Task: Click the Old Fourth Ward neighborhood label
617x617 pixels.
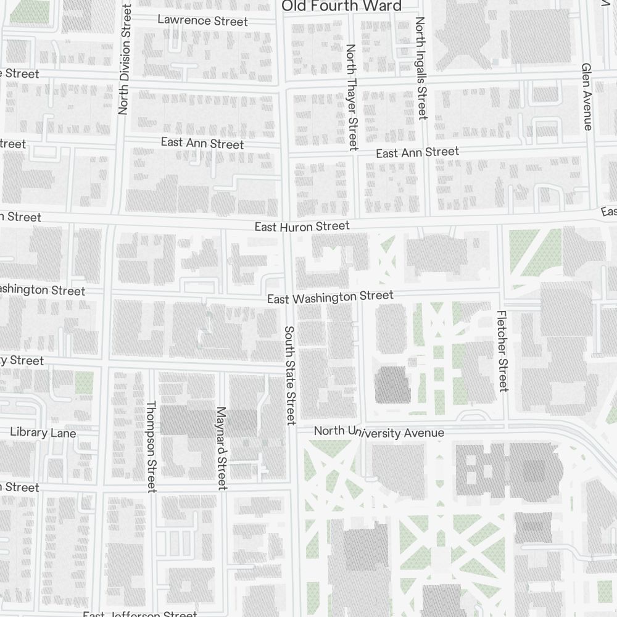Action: (341, 6)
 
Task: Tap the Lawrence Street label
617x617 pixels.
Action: (202, 21)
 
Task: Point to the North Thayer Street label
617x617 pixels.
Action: (352, 97)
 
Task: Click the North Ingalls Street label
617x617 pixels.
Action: (421, 68)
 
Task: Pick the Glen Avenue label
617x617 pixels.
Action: (587, 96)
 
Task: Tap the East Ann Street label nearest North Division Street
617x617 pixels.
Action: (202, 143)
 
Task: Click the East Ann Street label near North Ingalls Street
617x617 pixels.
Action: (417, 152)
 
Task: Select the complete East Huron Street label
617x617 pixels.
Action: (302, 227)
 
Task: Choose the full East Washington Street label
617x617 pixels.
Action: (330, 297)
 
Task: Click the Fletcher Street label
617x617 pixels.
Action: (502, 350)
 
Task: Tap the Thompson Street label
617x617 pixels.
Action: (151, 446)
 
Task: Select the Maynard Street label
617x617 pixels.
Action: (222, 449)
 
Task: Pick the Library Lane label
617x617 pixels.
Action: (43, 433)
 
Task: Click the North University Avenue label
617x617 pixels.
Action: (379, 432)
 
